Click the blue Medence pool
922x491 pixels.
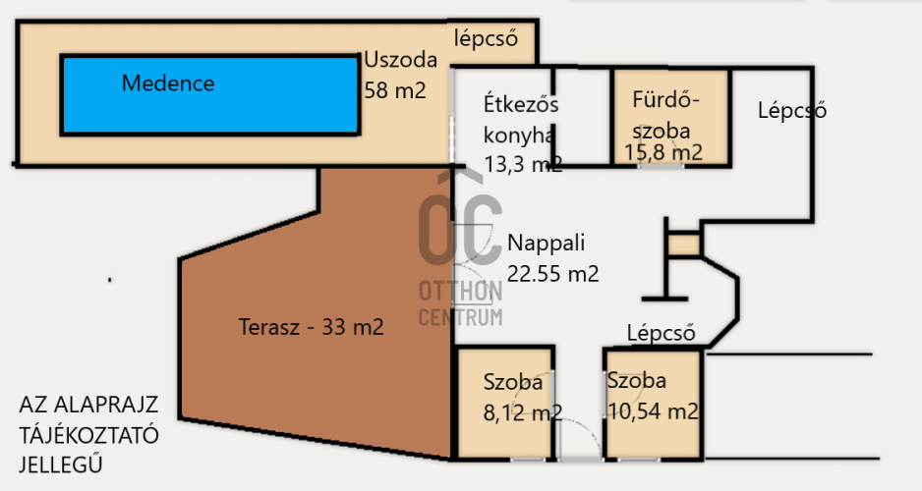tap(210, 94)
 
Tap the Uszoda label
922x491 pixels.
tap(401, 60)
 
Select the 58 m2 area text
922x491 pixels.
tap(395, 90)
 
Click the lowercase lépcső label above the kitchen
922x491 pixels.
tap(486, 38)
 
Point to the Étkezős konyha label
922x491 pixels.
tap(520, 119)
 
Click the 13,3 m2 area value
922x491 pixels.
tap(523, 164)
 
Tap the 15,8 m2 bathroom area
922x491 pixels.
tap(663, 152)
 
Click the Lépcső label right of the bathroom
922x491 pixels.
tap(791, 110)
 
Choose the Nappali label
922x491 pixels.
tap(547, 243)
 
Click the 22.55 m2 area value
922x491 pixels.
tap(552, 274)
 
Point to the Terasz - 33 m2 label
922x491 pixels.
tap(311, 327)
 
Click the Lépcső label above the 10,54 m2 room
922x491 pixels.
tap(661, 333)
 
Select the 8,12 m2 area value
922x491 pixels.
tap(523, 412)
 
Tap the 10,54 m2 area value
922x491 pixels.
tap(653, 411)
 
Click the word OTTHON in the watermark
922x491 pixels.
tap(460, 292)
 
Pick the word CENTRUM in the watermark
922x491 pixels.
tap(460, 317)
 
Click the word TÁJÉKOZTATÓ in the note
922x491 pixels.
tap(88, 435)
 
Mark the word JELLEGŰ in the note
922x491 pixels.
tap(61, 464)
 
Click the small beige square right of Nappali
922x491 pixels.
tap(684, 245)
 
